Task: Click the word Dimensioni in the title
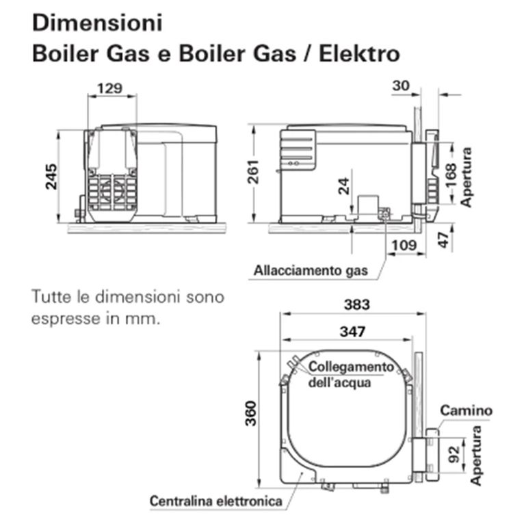coord(97,23)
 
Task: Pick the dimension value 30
coord(402,86)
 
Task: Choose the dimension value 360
coord(252,413)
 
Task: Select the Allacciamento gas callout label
coord(311,270)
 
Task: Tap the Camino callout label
coord(465,410)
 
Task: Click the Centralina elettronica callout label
coord(216,501)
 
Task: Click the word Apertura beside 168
coord(467,176)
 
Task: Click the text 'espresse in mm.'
coord(95,319)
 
